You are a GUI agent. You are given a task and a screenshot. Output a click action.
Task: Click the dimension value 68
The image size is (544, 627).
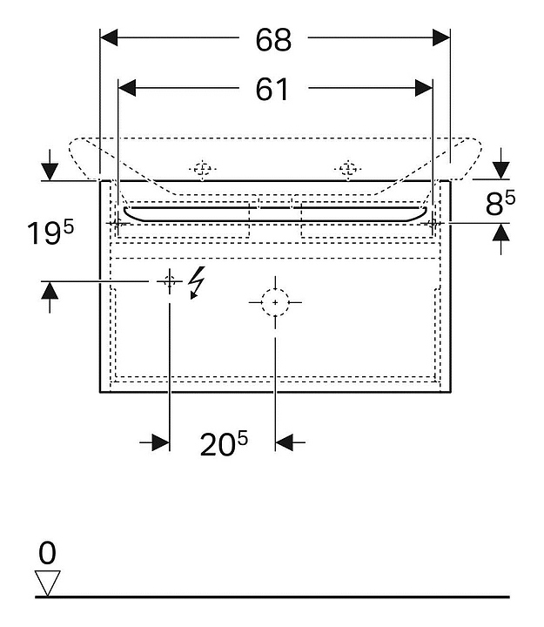tap(274, 40)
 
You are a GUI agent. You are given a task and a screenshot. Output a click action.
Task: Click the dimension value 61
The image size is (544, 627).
tap(272, 89)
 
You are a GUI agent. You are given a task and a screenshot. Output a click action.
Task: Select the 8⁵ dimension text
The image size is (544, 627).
tap(500, 202)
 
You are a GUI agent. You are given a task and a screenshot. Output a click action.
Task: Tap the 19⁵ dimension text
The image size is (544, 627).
tap(50, 233)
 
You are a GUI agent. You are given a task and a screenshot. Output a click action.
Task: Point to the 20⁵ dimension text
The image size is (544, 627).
tap(224, 443)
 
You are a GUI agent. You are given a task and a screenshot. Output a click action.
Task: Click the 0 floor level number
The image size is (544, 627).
tap(47, 553)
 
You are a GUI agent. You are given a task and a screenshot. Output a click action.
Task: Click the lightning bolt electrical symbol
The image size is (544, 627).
tap(198, 282)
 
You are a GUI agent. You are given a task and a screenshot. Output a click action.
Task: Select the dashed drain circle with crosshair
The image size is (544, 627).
tap(275, 302)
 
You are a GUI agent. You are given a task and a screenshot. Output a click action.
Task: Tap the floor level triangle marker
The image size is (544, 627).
tap(48, 583)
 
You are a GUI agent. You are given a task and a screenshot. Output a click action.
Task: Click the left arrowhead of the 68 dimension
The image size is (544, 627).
tap(109, 37)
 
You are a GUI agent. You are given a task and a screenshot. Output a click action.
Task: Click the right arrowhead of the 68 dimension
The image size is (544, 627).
tap(441, 37)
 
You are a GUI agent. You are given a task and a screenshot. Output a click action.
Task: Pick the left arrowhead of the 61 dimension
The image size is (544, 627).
tap(127, 88)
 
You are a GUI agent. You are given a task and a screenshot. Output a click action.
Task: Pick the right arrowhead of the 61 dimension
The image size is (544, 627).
tap(424, 88)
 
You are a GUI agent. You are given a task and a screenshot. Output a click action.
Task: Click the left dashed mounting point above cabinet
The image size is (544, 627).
tap(203, 169)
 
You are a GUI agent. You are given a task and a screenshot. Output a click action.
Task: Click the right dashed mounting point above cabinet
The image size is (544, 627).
tap(348, 169)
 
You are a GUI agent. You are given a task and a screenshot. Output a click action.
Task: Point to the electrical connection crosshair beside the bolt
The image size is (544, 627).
tap(170, 281)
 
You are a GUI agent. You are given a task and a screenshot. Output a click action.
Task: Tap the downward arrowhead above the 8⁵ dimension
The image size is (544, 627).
tap(500, 171)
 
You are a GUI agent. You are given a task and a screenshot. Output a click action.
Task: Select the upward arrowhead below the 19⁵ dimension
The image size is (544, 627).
tap(50, 291)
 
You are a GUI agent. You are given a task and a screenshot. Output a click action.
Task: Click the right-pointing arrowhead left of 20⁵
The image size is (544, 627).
tap(161, 442)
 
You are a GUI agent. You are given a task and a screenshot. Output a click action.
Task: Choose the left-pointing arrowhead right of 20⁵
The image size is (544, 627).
tap(284, 442)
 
